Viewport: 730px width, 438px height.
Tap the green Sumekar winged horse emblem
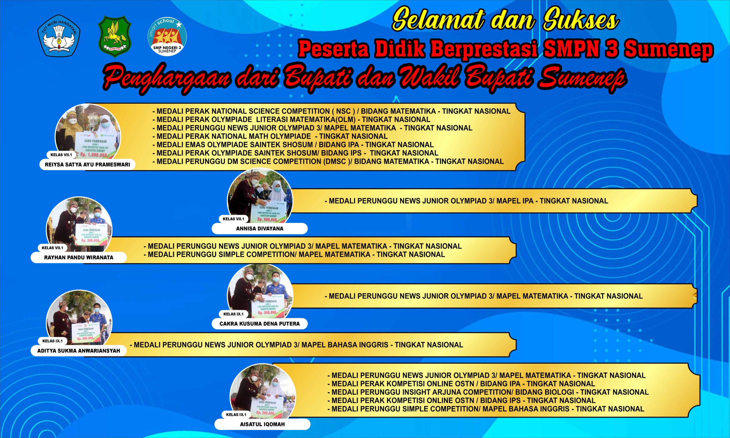[114, 37]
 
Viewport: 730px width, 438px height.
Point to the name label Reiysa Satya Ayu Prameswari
[87, 165]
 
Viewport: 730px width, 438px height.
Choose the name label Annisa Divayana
[259, 228]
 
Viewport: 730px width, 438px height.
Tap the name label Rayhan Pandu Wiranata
[78, 257]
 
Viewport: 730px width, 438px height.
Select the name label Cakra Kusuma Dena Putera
[259, 324]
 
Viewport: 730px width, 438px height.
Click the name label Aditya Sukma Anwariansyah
[78, 351]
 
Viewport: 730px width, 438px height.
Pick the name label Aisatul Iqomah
[262, 424]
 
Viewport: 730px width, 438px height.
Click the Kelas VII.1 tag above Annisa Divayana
[233, 219]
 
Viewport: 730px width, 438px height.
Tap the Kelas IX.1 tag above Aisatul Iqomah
[236, 415]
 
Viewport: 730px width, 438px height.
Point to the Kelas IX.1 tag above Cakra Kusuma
[233, 314]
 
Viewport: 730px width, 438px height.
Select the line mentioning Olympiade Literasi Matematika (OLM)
[291, 119]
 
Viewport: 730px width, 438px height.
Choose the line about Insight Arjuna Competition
[488, 392]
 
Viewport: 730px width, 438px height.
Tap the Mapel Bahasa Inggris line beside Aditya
[298, 345]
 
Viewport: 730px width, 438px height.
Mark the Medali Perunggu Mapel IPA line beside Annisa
[466, 201]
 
